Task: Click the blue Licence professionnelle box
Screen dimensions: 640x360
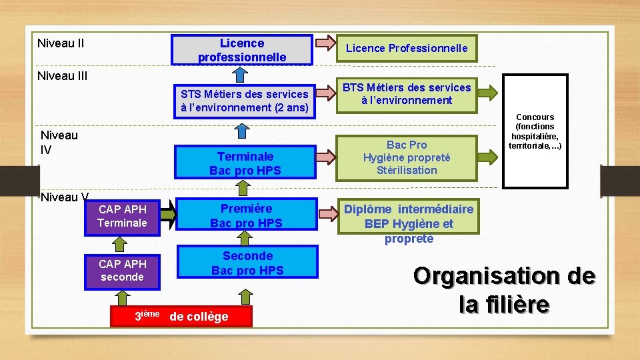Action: click(x=241, y=50)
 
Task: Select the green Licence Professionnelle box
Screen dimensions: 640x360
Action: click(x=406, y=48)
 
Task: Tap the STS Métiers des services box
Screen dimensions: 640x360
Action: click(x=244, y=100)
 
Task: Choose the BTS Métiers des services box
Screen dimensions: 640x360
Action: click(x=406, y=94)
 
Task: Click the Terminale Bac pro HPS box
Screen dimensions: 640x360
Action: click(x=245, y=163)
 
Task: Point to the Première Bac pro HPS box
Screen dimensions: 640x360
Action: click(x=246, y=215)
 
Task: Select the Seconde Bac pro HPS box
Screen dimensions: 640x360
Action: click(x=247, y=263)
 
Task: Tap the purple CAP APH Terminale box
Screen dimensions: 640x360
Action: click(x=122, y=216)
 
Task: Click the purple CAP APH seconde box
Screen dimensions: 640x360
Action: click(x=122, y=270)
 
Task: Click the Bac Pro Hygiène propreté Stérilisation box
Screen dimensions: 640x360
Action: click(x=406, y=157)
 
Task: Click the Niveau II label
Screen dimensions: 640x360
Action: click(x=61, y=44)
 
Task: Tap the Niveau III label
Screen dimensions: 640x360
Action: click(x=63, y=76)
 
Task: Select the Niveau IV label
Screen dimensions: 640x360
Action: click(x=59, y=142)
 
